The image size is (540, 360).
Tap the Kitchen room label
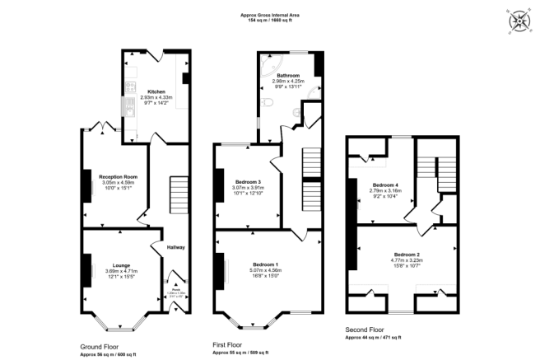pos(156,91)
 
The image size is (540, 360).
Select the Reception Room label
pos(118,176)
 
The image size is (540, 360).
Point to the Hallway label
pos(176,247)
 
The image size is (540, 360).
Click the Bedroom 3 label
pos(248,180)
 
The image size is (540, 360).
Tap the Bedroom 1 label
pos(265,263)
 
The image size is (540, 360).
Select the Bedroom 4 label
pos(385,185)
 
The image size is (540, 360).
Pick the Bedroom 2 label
pos(407,255)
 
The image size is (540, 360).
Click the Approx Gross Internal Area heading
pos(270,14)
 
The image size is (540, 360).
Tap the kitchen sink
pos(130,105)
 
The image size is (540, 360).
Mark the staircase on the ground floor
pos(179,194)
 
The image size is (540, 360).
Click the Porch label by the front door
pos(175,290)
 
